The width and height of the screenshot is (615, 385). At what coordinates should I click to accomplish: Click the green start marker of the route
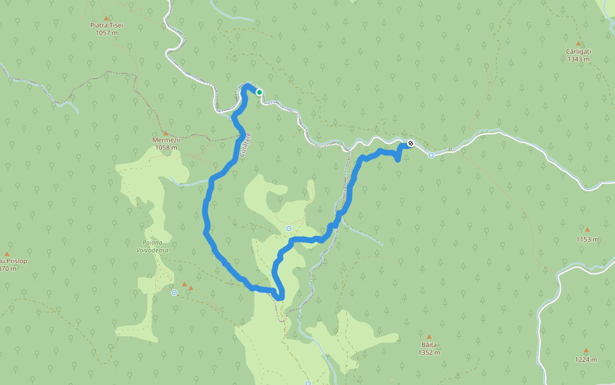259,92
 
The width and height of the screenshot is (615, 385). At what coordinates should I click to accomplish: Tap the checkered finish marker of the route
410,143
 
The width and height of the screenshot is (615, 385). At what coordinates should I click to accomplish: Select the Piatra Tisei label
106,25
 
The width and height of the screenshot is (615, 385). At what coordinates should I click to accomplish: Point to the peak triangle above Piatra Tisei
106,18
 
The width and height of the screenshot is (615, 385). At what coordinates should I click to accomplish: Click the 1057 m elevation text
106,33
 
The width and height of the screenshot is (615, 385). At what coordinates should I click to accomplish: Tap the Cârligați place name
578,51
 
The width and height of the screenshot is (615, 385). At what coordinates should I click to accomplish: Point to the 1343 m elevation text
578,59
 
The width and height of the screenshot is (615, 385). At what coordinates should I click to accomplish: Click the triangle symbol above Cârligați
578,44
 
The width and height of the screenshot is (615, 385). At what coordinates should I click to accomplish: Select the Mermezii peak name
165,140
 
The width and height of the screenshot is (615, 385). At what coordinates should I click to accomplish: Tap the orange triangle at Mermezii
165,133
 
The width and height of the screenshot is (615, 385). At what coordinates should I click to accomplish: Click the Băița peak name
429,345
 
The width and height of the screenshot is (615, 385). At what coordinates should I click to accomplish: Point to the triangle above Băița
429,336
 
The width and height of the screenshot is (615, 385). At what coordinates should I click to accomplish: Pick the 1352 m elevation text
429,352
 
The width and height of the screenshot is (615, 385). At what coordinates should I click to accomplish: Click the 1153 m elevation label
587,239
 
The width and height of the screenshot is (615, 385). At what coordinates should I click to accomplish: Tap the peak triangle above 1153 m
587,229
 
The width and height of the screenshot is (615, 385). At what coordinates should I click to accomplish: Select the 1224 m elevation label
586,360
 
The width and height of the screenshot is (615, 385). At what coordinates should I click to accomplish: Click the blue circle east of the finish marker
431,155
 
